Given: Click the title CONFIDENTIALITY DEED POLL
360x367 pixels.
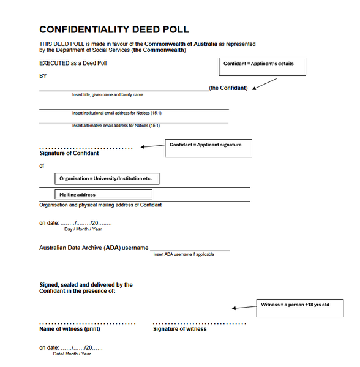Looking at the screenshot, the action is click(x=114, y=29).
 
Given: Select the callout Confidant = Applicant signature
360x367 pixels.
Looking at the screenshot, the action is click(x=208, y=148).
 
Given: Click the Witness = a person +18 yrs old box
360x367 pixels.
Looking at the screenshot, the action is click(x=299, y=308).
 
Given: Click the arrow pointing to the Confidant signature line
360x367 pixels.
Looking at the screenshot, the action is click(x=152, y=146).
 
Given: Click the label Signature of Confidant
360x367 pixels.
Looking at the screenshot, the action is click(x=69, y=153).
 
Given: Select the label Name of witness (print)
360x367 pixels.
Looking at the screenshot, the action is click(x=70, y=329).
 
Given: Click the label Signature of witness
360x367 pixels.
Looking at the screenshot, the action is click(x=179, y=329).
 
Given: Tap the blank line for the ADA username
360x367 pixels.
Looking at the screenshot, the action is click(x=190, y=249).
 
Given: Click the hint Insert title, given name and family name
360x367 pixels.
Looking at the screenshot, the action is click(x=108, y=95).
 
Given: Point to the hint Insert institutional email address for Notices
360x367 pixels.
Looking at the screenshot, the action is click(x=116, y=113).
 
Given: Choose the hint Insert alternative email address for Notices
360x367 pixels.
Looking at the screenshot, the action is click(x=116, y=126).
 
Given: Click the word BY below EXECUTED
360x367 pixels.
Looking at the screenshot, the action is click(x=43, y=76).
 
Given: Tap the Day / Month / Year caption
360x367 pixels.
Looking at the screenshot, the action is click(x=83, y=229).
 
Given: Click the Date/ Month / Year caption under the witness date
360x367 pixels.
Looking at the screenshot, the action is click(x=72, y=354).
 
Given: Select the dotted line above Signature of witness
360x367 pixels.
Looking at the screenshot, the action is click(x=199, y=323).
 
